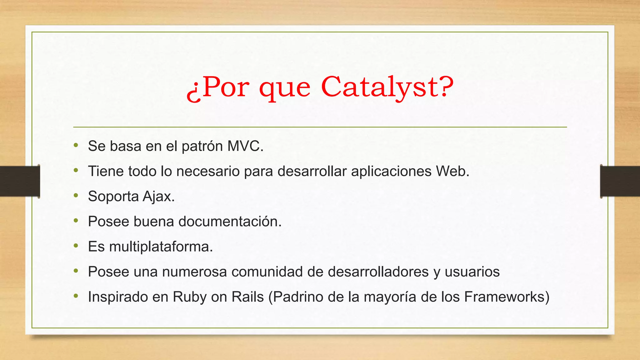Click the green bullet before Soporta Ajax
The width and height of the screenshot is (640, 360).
[x=76, y=196]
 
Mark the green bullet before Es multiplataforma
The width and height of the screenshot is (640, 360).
[x=76, y=246]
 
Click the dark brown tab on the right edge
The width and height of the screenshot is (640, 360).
[x=620, y=181]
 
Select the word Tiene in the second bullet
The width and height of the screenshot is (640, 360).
[x=106, y=171]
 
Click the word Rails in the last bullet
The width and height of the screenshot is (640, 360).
[x=247, y=297]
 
